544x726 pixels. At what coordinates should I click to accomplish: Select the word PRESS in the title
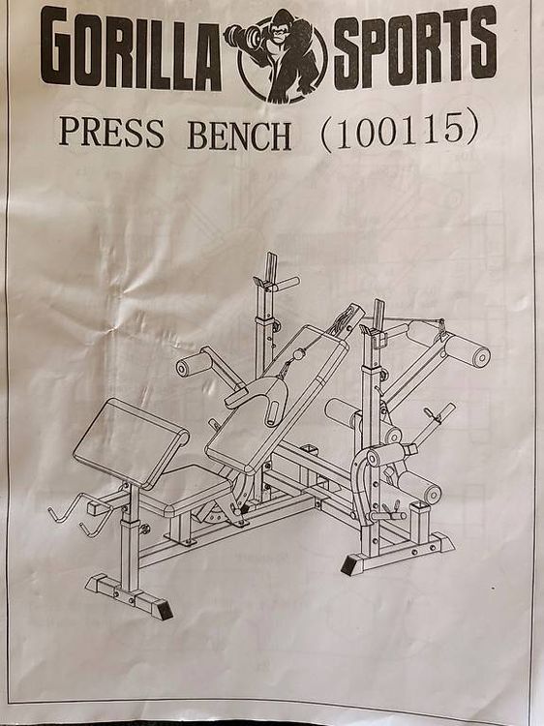point(111,133)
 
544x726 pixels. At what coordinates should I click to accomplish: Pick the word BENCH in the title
point(239,136)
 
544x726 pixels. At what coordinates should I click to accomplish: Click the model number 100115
point(399,131)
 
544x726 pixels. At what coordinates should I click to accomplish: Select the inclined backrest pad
point(277,399)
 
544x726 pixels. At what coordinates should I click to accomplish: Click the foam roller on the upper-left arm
point(194,364)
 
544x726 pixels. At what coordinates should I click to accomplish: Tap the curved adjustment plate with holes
point(361,481)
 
